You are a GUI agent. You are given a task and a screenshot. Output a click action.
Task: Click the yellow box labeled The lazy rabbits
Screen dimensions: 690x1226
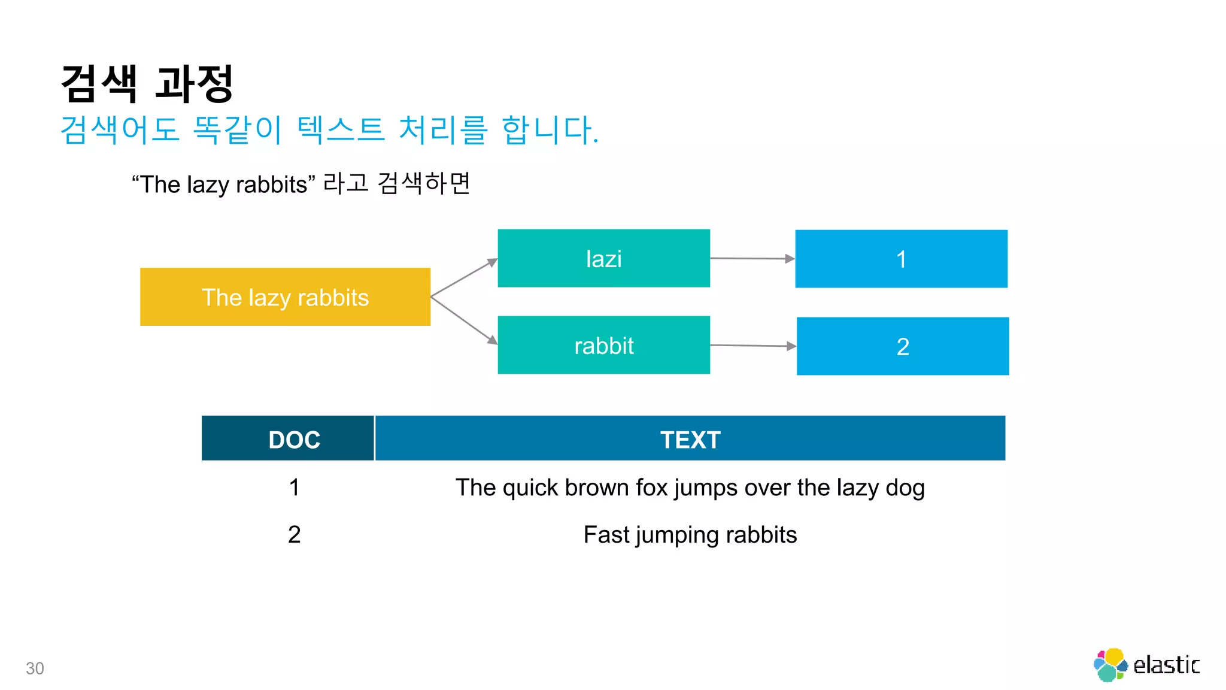[285, 297]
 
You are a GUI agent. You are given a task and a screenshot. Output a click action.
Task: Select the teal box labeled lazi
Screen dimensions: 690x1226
[603, 258]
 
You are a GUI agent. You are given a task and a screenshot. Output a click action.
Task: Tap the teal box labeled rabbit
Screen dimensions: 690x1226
[603, 345]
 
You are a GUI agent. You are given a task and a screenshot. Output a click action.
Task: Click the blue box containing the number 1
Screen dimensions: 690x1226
[901, 259]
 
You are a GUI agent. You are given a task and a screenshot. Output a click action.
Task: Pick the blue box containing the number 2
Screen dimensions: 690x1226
[903, 346]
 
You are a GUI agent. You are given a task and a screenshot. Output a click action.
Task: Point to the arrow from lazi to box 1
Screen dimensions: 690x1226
[752, 258]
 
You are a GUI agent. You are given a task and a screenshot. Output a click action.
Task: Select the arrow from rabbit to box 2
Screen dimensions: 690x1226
[752, 346]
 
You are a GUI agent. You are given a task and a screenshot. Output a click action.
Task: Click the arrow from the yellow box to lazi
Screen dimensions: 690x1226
[464, 277]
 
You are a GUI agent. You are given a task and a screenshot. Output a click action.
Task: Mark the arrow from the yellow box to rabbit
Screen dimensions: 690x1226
[464, 320]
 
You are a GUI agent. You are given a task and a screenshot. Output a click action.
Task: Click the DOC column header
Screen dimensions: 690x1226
[294, 440]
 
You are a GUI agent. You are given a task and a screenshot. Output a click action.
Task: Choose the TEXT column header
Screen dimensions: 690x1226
[690, 440]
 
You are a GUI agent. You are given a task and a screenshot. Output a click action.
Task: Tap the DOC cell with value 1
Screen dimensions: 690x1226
[294, 488]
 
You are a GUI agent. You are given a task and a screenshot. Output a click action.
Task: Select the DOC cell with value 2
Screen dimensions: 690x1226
[294, 534]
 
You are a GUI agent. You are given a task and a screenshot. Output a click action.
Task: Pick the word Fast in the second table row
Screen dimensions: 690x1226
[606, 534]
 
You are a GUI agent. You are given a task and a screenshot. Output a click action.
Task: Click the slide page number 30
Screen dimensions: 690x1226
[35, 668]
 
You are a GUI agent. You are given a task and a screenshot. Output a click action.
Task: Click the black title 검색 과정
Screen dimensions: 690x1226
[147, 84]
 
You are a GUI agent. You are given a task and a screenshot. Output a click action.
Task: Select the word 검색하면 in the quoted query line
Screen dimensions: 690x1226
[424, 183]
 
